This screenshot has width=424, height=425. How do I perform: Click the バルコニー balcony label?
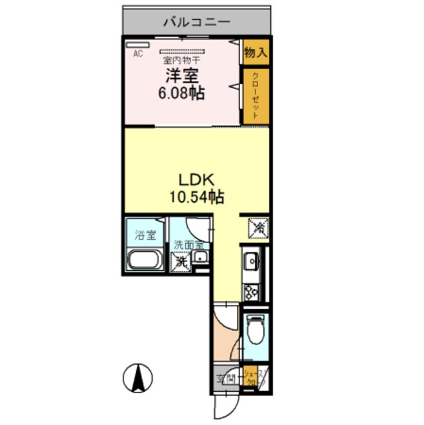[x=197, y=22]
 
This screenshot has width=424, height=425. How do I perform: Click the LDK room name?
[x=197, y=179]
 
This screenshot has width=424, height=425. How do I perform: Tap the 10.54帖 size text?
[x=197, y=196]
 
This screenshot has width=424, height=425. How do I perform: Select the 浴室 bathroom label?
[x=145, y=234]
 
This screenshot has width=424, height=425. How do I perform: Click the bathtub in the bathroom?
[x=145, y=260]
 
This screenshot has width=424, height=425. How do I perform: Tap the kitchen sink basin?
[x=253, y=262]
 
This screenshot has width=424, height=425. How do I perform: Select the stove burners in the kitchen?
[x=252, y=290]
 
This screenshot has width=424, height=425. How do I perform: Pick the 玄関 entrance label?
[x=226, y=379]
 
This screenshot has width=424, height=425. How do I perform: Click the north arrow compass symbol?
[x=137, y=379]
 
